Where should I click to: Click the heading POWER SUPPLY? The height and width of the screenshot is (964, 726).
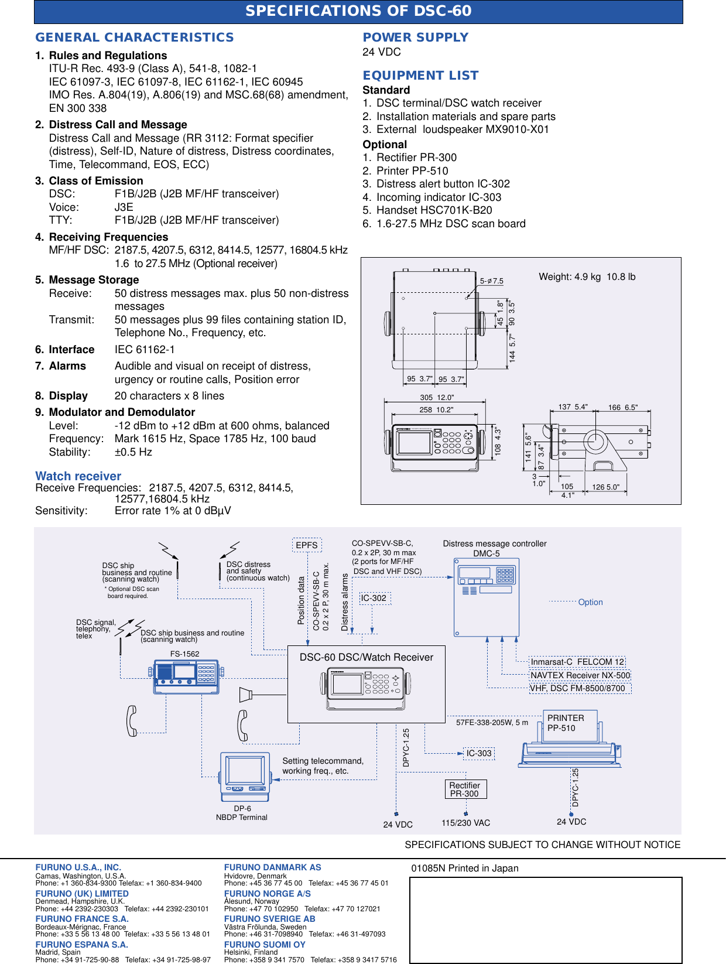[415, 37]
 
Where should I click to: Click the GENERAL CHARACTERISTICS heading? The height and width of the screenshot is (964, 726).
[134, 37]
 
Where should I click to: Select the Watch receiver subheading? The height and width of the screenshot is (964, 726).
[78, 476]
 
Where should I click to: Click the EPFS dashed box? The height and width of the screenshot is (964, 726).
[307, 545]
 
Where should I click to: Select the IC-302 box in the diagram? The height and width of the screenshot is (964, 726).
[374, 598]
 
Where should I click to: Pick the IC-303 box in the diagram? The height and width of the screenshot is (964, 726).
[479, 753]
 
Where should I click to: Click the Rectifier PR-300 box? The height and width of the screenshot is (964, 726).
[465, 789]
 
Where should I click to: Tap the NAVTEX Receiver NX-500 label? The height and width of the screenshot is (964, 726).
[580, 675]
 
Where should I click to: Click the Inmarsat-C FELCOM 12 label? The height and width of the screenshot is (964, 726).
[577, 662]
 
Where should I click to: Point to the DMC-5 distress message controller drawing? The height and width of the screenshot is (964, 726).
[487, 597]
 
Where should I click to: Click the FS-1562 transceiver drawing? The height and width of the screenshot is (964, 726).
[186, 676]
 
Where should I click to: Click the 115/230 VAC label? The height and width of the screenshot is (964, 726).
[465, 823]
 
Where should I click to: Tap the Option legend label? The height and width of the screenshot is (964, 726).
[590, 602]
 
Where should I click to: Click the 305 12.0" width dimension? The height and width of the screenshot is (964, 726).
[437, 398]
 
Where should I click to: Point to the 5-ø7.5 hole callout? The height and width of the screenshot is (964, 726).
[491, 281]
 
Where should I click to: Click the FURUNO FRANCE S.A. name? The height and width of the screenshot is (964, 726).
[81, 919]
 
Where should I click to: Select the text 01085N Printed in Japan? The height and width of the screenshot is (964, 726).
[464, 869]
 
